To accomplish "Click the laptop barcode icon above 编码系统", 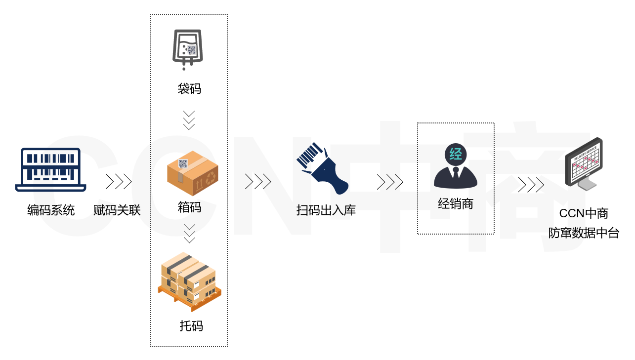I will tap(51, 169).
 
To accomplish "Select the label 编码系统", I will tap(51, 211).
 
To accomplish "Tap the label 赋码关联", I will tap(117, 211).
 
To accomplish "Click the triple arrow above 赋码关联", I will tap(119, 182).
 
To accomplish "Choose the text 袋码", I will tap(189, 89).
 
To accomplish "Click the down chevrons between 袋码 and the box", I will tap(189, 120).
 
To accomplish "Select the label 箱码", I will tap(189, 207).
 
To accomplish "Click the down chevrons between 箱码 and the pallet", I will tap(189, 233).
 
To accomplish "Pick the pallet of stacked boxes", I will tap(189, 281).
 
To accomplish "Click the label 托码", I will tap(191, 326).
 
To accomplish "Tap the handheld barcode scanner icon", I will tap(322, 168).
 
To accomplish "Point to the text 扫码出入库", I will tap(326, 210).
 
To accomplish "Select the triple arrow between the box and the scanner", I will tap(258, 182).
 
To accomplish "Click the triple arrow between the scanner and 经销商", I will tap(390, 182).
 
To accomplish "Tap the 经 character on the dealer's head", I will tap(456, 154).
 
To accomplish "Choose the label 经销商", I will tap(456, 203).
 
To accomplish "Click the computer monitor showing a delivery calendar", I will tap(585, 163).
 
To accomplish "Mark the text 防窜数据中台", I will tap(584, 233).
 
